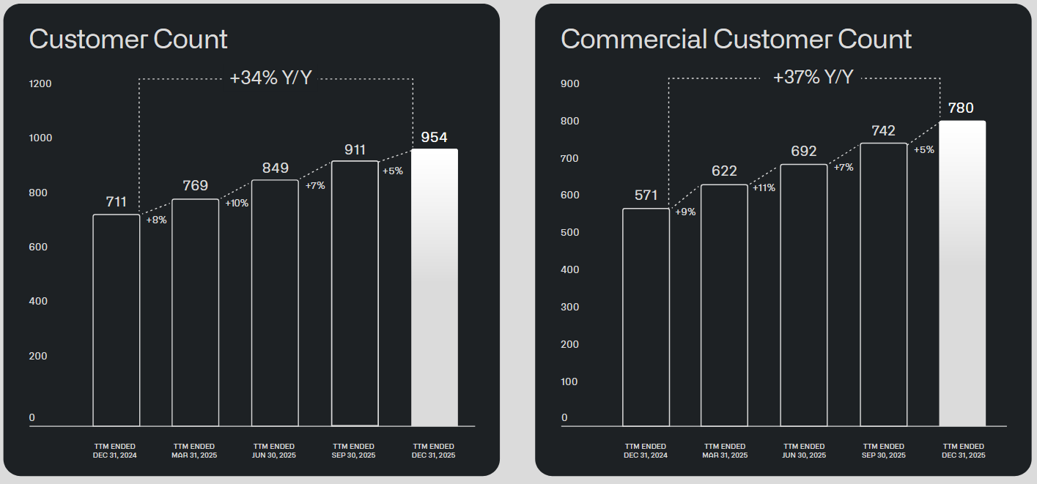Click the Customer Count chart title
[x=128, y=39]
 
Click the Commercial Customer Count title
[x=736, y=39]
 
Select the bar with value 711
[x=116, y=319]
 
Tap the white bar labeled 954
[x=435, y=287]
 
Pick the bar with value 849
[x=275, y=302]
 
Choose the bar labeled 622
[x=724, y=305]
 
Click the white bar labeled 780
[x=962, y=273]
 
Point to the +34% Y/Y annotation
[x=270, y=78]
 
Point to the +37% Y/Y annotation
[x=813, y=77]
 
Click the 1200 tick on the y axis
[x=40, y=83]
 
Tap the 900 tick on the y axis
[x=570, y=83]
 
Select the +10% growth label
[x=237, y=203]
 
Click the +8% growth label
[x=157, y=220]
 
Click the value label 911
[x=355, y=150]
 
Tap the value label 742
[x=883, y=131]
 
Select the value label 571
[x=646, y=196]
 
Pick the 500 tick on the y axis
[x=570, y=232]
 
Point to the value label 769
[x=195, y=185]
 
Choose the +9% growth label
[x=685, y=212]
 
